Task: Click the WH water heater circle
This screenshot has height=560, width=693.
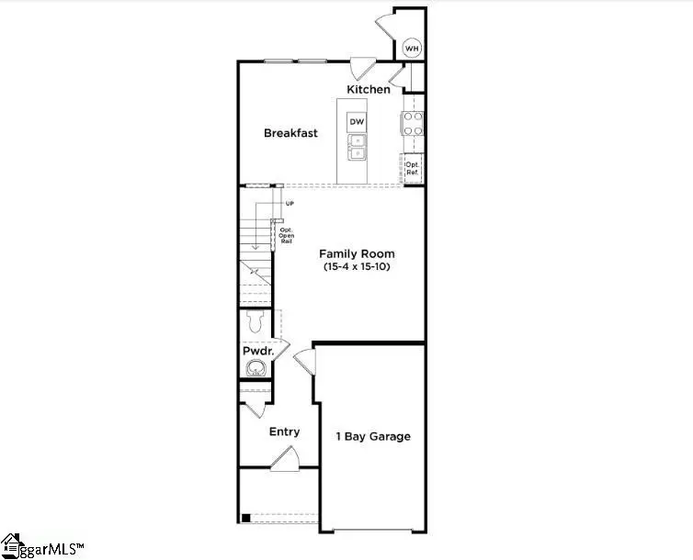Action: (413, 47)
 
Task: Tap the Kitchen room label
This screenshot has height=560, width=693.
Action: (368, 89)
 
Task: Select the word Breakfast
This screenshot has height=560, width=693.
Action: (290, 133)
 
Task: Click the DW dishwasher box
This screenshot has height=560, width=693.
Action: (356, 121)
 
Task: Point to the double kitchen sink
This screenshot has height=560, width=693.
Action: (356, 147)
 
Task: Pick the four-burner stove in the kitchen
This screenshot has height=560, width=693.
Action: (413, 123)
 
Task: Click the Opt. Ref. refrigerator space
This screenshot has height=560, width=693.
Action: (413, 168)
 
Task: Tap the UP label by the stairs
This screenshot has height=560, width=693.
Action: (290, 203)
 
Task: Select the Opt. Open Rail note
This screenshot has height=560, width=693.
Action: (286, 234)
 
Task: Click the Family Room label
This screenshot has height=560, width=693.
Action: (357, 253)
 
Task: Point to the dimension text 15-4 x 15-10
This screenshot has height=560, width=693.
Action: (357, 267)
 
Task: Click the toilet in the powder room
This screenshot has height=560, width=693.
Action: (256, 322)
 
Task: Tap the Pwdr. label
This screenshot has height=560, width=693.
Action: (256, 352)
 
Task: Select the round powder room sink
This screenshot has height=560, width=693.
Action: (256, 369)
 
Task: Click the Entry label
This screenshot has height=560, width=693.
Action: (284, 431)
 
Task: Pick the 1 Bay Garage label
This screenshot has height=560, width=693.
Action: (371, 436)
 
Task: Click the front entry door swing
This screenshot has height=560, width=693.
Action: (286, 458)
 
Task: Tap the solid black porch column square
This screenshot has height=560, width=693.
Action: (245, 518)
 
